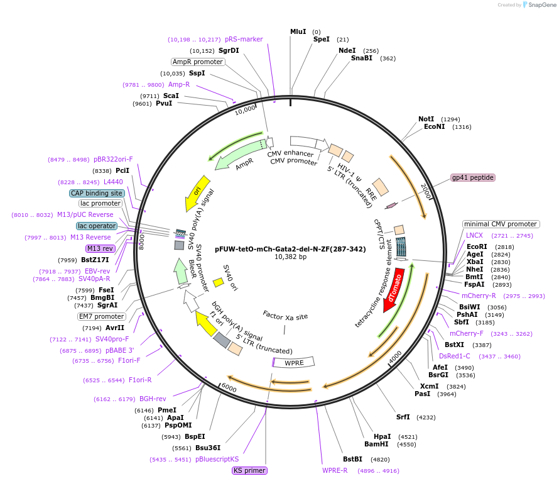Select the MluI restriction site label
tap(298, 31)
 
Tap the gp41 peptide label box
tap(473, 178)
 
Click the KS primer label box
tap(249, 470)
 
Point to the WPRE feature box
tap(293, 363)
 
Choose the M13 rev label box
tap(100, 248)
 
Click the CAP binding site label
tap(97, 194)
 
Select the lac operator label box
tap(97, 226)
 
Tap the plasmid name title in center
tap(290, 249)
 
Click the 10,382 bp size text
tap(290, 257)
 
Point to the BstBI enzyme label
tap(352, 459)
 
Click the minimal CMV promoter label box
tap(501, 224)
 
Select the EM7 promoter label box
tap(101, 316)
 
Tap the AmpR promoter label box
tap(198, 62)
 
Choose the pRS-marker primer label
tap(244, 39)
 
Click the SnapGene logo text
tap(542, 5)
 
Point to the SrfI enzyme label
tap(403, 417)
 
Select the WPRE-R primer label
tap(335, 470)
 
